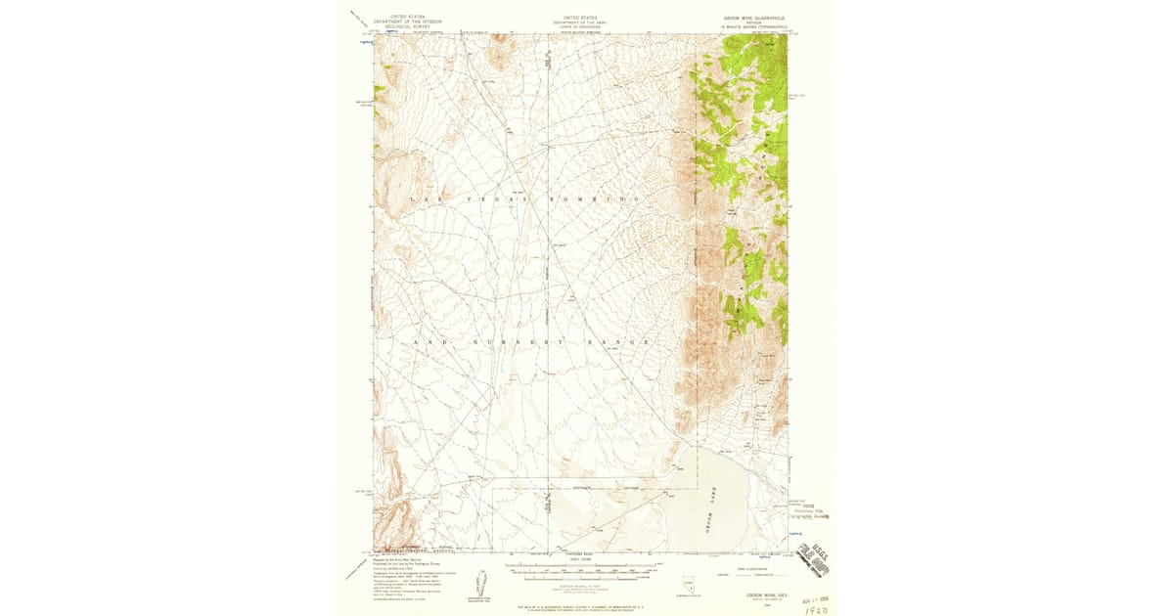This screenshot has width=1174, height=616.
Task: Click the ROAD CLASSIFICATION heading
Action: click(746, 566)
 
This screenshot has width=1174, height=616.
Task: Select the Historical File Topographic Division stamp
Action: click(808, 510)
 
